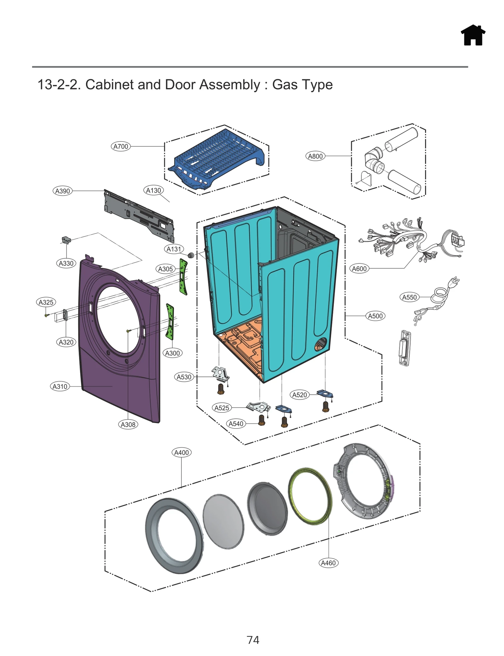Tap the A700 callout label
click(121, 146)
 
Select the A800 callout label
click(315, 156)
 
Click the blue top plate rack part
click(217, 157)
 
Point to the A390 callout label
click(62, 191)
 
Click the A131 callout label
click(174, 249)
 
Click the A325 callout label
click(46, 302)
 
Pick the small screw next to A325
click(46, 315)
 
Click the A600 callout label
click(359, 269)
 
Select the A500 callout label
click(375, 316)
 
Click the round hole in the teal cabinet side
click(321, 344)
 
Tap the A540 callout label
click(236, 424)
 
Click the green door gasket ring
click(310, 496)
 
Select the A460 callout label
click(328, 563)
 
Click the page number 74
click(253, 640)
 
